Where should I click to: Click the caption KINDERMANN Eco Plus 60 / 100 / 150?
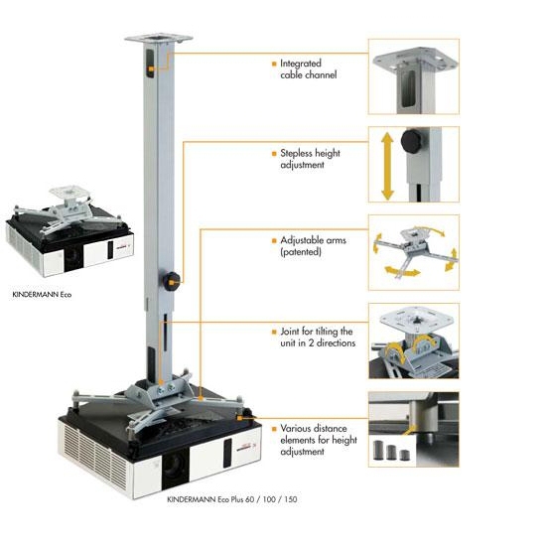232,499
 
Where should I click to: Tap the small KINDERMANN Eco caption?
42,295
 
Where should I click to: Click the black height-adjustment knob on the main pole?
171,279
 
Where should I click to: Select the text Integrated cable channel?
309,68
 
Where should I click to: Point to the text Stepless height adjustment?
311,159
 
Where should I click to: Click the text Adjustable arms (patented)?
313,246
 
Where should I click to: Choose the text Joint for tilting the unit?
318,338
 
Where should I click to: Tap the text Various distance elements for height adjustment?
319,440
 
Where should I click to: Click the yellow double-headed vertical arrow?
387,167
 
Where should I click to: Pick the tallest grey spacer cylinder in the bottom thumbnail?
378,451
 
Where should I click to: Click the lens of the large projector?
175,467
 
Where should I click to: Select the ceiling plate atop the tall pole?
159,38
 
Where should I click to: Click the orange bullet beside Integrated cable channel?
274,64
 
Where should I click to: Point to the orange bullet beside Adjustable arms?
274,240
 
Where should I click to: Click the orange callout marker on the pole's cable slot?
151,69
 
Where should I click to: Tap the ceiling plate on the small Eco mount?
68,192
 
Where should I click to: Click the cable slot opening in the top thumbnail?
408,88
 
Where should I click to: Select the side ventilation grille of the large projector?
94,455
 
